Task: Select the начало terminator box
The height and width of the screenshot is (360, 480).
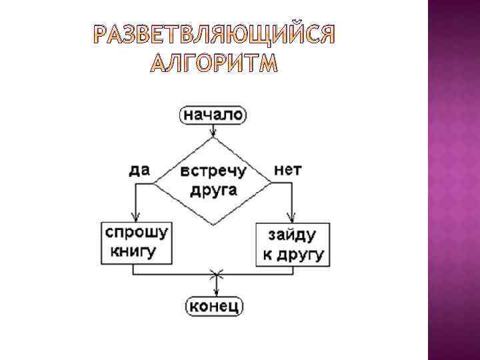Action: coord(213,115)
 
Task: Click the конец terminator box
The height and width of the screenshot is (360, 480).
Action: coord(214,306)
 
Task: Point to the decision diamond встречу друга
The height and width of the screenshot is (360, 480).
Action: coord(213,181)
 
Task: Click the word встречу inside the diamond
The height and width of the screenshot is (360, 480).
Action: coord(213,171)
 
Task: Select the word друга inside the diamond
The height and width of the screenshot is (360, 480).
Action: coord(213,190)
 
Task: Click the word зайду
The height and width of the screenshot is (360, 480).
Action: coord(291,235)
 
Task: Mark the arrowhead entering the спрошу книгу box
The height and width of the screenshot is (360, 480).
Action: coord(135,217)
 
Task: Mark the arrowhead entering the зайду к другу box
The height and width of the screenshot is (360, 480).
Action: coord(291,218)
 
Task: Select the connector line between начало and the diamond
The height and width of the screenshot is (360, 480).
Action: coord(213,130)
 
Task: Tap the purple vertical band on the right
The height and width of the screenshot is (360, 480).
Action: coord(453,180)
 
